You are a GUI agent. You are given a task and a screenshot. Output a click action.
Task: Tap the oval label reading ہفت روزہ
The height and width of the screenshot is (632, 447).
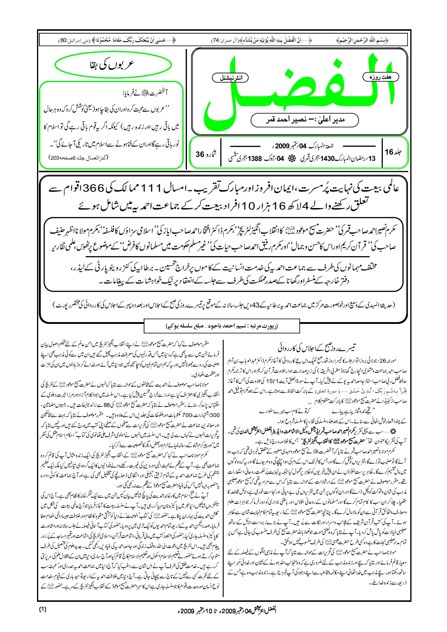[x=380, y=77]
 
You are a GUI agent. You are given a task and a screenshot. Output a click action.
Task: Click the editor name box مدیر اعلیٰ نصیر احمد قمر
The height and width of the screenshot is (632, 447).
[x=305, y=120]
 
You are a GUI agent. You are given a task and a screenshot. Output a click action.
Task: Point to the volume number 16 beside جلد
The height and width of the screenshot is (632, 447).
[x=389, y=152]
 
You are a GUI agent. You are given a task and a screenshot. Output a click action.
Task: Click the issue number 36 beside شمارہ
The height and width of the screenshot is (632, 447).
[x=200, y=154]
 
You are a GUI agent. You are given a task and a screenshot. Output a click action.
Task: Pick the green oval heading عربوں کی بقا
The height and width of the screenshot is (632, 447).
[x=113, y=65]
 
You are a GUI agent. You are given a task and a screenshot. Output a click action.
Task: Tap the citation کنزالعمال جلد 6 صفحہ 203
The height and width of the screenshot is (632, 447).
[x=78, y=157]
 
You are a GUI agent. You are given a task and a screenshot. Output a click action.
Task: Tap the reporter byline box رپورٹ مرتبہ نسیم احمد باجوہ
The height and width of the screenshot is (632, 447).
[x=222, y=326]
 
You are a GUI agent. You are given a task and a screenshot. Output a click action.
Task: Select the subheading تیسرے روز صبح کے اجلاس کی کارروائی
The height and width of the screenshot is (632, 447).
[x=317, y=348]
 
